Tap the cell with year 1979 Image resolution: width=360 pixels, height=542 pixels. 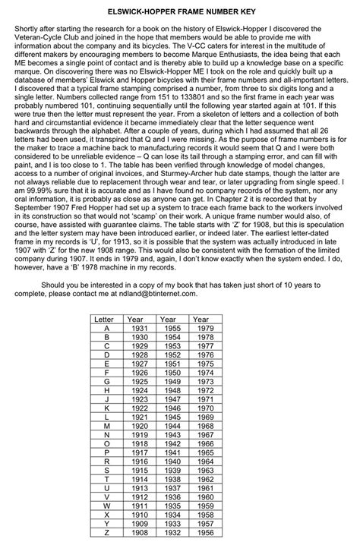201,328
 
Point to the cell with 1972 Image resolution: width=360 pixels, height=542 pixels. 201,389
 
